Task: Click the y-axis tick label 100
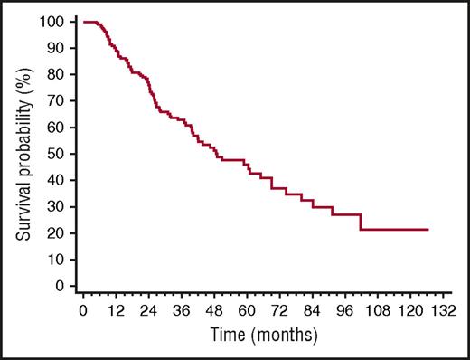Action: (55, 21)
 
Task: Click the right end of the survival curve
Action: (428, 230)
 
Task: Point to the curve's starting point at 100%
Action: (84, 21)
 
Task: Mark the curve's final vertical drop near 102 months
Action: (361, 223)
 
